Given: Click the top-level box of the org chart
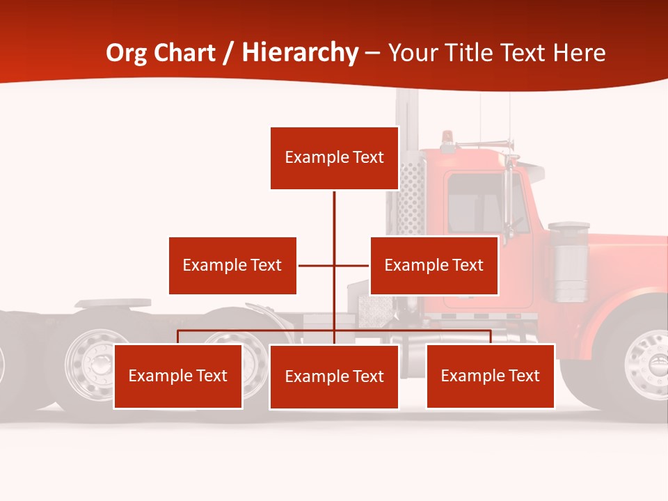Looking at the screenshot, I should tap(334, 158).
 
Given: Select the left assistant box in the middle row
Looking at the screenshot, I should tap(232, 265).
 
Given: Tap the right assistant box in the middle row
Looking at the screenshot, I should tap(434, 265).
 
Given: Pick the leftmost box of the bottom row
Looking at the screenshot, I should tap(177, 376).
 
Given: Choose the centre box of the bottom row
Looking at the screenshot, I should tap(334, 376).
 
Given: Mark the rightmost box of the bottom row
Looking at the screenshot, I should tap(490, 376).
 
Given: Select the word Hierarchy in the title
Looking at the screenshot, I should tap(300, 53).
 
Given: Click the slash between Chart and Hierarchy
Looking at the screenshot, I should tap(229, 53).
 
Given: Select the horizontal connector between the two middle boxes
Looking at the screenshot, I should tap(317, 265).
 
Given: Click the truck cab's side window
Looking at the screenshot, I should tap(476, 203).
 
